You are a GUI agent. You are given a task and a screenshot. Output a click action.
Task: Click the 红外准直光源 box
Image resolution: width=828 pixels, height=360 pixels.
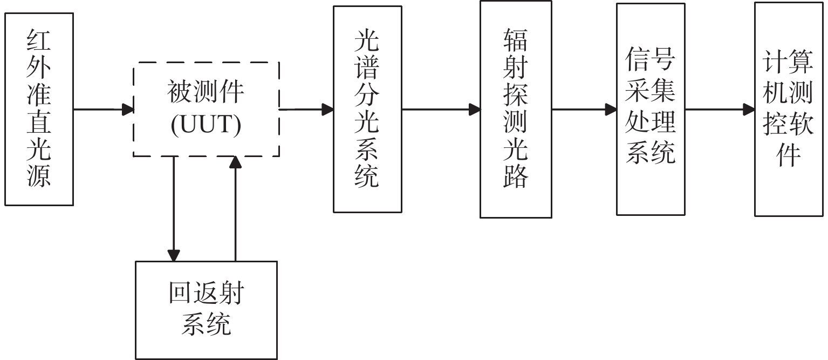click(x=39, y=109)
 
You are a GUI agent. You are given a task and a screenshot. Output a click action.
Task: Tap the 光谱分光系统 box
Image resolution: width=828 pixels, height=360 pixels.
click(x=367, y=109)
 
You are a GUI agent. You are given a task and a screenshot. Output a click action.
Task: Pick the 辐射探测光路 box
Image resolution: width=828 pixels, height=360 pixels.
click(x=515, y=109)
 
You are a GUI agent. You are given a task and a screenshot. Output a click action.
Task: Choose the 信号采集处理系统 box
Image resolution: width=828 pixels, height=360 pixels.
click(x=651, y=109)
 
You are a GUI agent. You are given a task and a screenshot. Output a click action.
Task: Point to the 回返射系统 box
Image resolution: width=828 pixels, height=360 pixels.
click(x=206, y=310)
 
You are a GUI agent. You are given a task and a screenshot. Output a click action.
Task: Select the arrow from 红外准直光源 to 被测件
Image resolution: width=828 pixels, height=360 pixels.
click(x=103, y=110)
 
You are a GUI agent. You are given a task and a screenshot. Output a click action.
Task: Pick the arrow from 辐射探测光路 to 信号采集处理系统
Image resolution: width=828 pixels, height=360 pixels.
click(x=584, y=110)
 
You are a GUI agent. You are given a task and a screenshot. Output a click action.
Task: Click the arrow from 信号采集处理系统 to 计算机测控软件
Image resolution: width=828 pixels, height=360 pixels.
click(x=720, y=110)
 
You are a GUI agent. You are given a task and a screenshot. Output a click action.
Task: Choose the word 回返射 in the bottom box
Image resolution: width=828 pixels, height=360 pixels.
click(x=206, y=295)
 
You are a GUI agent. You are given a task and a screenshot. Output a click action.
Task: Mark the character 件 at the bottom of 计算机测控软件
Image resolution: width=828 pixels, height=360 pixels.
click(x=788, y=155)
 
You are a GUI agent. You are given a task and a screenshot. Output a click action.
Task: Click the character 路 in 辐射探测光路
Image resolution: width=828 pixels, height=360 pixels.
click(x=515, y=176)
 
